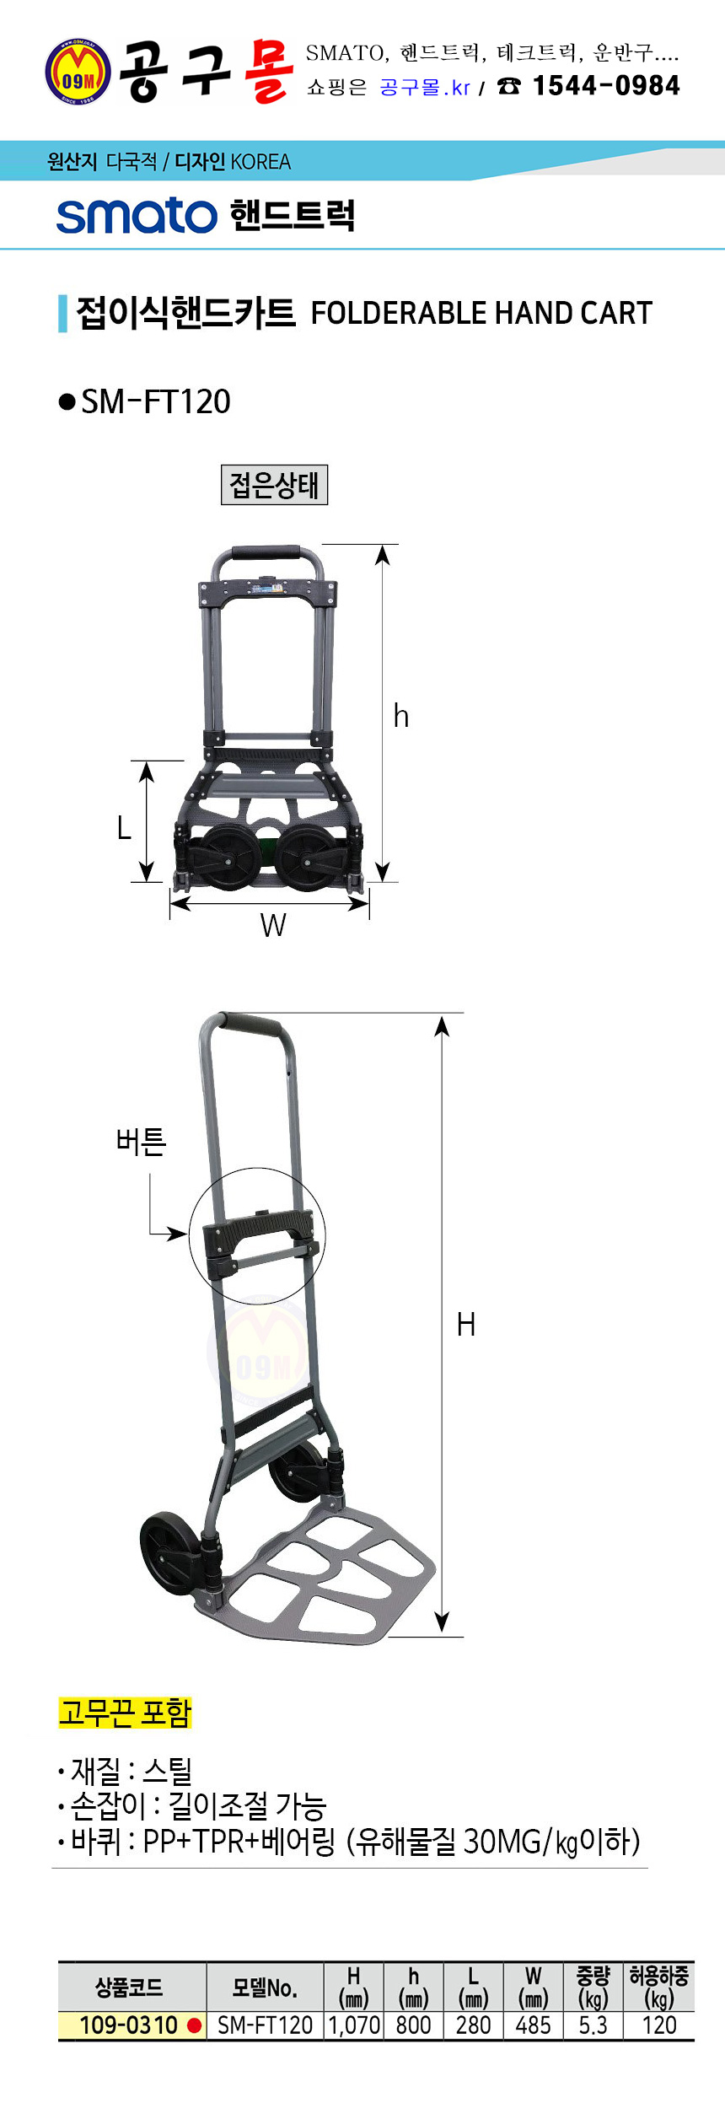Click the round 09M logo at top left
point(78,72)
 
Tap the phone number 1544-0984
point(606,85)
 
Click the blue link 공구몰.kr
point(425,88)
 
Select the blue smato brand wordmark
point(137,216)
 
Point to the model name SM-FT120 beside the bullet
point(156,401)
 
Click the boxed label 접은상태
point(274,485)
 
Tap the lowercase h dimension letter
point(401,716)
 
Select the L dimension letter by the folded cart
point(124,828)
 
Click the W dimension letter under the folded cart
point(273,925)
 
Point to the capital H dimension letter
point(466,1325)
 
